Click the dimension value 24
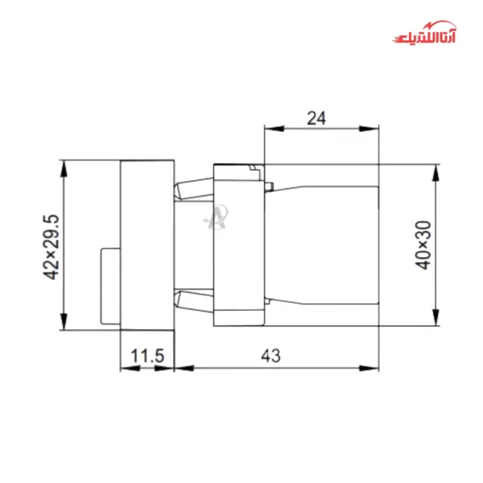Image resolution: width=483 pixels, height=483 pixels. pos(316,118)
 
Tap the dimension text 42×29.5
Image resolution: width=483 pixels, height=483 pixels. pos(52,246)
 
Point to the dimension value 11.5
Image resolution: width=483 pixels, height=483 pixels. pos(147,357)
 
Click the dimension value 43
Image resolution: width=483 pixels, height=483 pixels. pos(276,357)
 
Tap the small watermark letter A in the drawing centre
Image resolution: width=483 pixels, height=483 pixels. pos(217,217)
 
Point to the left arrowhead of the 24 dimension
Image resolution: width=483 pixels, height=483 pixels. pos(271,128)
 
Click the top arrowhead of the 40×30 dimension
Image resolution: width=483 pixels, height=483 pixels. pos(436,171)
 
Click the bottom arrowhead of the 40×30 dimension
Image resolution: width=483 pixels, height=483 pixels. pos(436,320)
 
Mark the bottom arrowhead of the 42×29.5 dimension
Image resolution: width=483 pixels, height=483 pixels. pos(62,324)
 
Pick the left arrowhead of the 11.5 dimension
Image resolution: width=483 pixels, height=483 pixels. pos(125,369)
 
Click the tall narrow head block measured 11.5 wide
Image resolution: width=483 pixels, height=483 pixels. pos(147,245)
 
